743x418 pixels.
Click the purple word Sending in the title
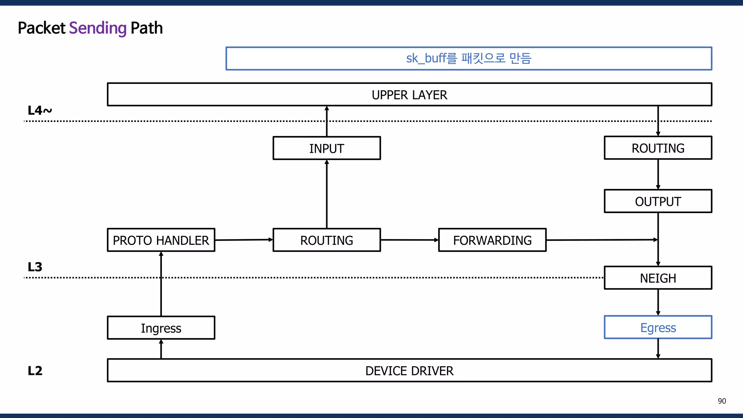tap(98, 28)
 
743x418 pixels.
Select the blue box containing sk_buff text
tap(469, 58)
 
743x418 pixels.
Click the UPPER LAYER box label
tap(409, 95)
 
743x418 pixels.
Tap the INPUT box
tap(327, 148)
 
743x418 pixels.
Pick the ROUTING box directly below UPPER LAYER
tap(658, 148)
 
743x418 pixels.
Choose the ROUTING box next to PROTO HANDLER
tap(327, 240)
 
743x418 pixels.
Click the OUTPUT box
tap(658, 201)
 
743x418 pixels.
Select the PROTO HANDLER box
tap(161, 240)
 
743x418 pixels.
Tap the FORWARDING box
tap(492, 240)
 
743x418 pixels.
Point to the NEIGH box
tap(658, 278)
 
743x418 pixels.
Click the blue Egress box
tap(658, 328)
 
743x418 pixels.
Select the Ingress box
tap(161, 328)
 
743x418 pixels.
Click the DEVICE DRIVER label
tap(409, 371)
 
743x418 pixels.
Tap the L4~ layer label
tap(40, 110)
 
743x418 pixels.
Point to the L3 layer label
tap(35, 267)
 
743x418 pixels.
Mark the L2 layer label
tap(35, 371)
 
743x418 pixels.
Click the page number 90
tap(722, 401)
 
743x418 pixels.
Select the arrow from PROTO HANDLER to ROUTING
tap(244, 240)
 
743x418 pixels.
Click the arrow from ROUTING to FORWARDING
tap(409, 240)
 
